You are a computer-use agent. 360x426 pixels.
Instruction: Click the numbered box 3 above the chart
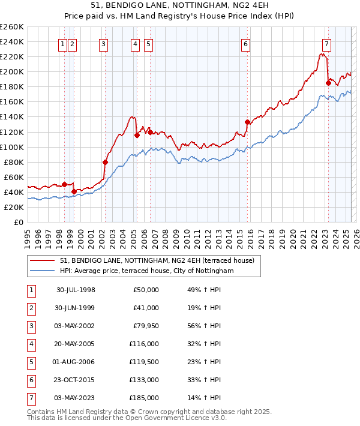[104, 43]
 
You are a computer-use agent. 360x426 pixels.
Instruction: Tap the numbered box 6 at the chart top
[246, 43]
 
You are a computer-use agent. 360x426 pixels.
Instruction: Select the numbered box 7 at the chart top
[326, 43]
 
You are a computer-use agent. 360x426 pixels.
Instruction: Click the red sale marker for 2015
[247, 122]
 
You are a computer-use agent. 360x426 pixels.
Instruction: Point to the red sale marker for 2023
[328, 83]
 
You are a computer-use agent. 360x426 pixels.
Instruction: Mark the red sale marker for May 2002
[105, 162]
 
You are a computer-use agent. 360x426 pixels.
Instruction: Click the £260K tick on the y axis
[12, 27]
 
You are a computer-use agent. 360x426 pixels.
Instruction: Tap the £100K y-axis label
[12, 147]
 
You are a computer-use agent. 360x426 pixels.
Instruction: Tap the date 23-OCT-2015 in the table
[76, 380]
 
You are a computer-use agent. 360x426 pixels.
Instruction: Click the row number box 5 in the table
[31, 362]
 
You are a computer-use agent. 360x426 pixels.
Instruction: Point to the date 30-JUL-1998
[76, 290]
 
